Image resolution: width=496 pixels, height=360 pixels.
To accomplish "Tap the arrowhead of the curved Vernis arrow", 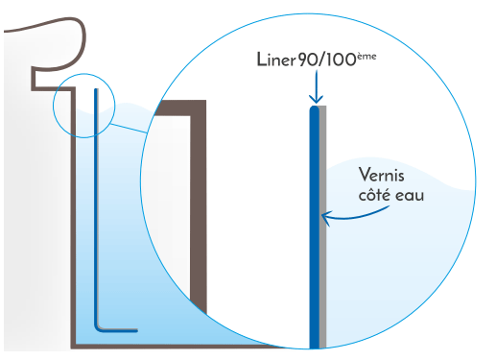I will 327,219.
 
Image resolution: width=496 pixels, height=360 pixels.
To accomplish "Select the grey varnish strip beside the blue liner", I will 323,240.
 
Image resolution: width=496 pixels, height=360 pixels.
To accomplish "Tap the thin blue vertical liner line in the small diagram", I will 97,211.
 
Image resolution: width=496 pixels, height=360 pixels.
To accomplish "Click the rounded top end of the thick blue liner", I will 314,109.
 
